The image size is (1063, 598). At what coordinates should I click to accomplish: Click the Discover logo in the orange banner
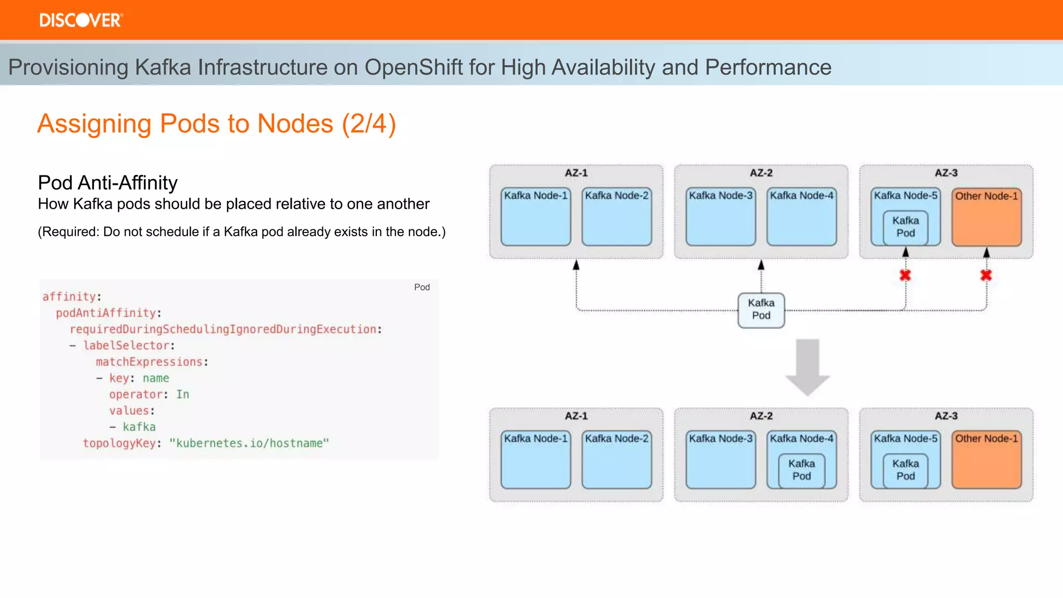(x=81, y=20)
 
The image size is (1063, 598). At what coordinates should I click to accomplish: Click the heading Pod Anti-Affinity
(x=107, y=183)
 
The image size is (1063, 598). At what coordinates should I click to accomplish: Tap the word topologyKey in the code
(x=119, y=443)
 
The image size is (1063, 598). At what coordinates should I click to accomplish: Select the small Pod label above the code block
(x=421, y=287)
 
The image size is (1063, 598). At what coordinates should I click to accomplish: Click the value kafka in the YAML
(x=139, y=427)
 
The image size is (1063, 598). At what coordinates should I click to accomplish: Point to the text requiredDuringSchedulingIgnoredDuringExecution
(x=223, y=329)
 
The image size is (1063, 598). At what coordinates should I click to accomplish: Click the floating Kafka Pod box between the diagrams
(x=761, y=309)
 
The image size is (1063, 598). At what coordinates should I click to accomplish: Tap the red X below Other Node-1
(x=986, y=275)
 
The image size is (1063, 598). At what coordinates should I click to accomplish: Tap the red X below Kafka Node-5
(x=905, y=275)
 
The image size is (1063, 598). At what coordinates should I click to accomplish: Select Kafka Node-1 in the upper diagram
(x=535, y=216)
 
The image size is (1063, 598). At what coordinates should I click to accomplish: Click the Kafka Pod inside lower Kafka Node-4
(x=801, y=470)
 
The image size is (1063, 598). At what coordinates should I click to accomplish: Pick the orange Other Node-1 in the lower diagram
(x=986, y=459)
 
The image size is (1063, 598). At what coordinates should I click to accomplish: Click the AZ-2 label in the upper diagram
(x=761, y=173)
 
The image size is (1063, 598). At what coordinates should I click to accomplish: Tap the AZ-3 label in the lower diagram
(x=946, y=416)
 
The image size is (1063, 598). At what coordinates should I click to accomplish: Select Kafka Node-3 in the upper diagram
(x=720, y=216)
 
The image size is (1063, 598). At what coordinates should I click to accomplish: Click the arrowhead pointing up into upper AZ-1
(x=576, y=265)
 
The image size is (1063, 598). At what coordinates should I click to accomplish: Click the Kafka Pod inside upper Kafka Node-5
(x=905, y=227)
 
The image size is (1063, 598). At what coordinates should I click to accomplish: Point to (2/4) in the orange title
(x=369, y=124)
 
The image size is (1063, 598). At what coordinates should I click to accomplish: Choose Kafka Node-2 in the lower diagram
(x=616, y=459)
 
